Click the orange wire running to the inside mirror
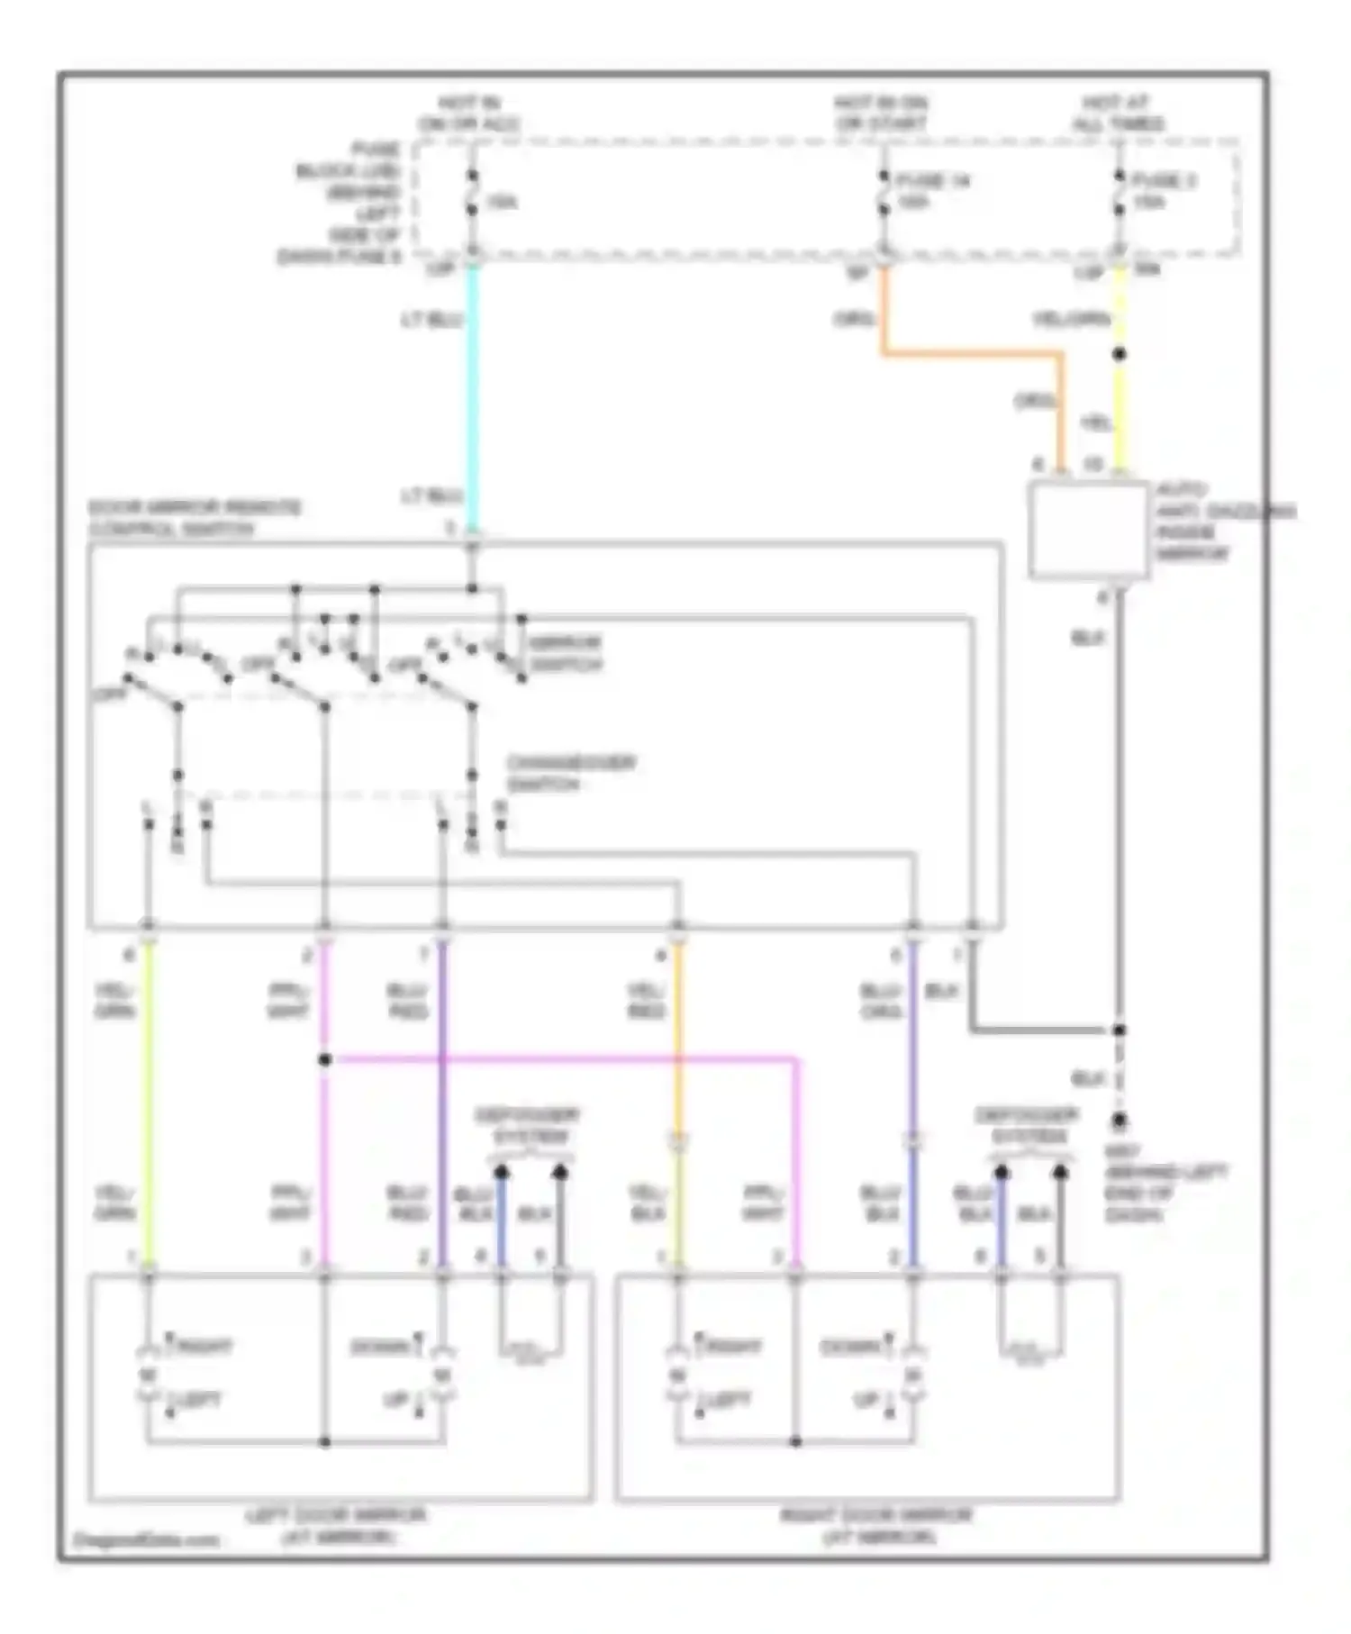973,355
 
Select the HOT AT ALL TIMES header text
1118,113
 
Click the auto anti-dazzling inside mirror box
1088,531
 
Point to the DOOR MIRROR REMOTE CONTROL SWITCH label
195,518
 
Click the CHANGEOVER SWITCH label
571,773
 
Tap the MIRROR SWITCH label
566,654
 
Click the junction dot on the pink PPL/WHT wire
325,1059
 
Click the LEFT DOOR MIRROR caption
335,1526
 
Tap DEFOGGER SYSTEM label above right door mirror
1029,1126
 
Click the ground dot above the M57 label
1119,1121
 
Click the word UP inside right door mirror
865,1402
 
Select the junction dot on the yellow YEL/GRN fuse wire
1119,354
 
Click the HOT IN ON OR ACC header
468,113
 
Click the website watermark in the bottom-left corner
146,1540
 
